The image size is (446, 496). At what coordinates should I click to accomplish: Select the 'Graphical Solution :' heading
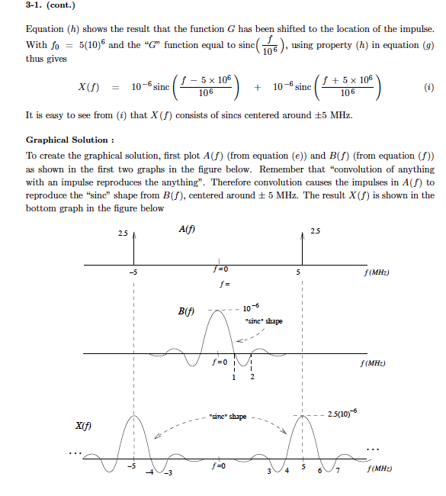pos(70,140)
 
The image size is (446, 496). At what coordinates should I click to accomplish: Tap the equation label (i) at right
pos(429,86)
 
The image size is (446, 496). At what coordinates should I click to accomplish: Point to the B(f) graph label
pos(186,311)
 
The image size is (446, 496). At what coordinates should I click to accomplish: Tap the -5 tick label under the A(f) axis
pos(133,272)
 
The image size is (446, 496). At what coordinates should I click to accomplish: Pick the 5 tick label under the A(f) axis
pos(299,272)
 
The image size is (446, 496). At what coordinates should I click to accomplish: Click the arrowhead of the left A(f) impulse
pos(134,237)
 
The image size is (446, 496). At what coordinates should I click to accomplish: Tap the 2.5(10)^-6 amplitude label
pos(340,413)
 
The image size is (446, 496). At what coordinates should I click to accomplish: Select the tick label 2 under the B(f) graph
pos(252,378)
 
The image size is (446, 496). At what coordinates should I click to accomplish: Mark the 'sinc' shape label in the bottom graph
pos(228,417)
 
